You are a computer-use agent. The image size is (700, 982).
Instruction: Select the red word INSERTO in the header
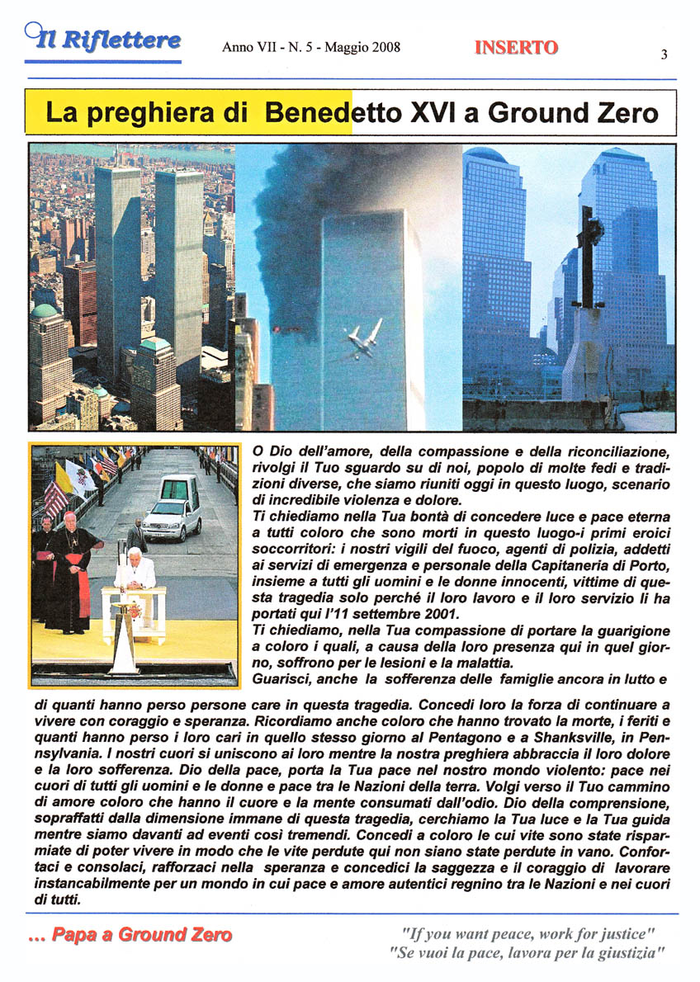click(516, 48)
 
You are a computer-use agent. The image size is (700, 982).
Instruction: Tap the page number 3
click(664, 55)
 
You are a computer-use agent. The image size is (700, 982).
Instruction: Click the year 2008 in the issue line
click(385, 47)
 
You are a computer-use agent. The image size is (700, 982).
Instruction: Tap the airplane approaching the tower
click(364, 338)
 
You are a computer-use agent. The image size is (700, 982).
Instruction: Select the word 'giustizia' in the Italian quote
click(625, 954)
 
